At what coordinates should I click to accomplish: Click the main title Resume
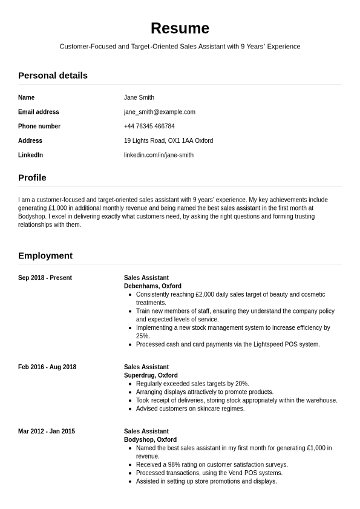tap(180, 28)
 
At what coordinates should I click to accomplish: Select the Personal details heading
tap(53, 76)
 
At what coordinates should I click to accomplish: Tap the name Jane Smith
tap(139, 97)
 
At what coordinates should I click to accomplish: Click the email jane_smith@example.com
tap(160, 112)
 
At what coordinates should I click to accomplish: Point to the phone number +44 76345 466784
tap(149, 126)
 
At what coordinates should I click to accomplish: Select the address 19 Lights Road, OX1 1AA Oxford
tap(168, 141)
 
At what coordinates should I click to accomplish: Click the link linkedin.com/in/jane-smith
tap(159, 156)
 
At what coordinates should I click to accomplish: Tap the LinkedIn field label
tap(30, 156)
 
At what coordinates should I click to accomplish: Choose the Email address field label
tap(39, 112)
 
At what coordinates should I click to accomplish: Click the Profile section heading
tap(32, 178)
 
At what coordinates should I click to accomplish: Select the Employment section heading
tap(45, 256)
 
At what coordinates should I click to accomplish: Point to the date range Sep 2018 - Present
tap(45, 278)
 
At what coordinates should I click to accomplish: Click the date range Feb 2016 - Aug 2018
tap(47, 367)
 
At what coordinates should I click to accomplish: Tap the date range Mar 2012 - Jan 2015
tap(47, 432)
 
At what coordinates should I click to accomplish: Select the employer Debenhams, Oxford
tap(152, 286)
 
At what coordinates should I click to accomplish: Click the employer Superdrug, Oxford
tap(151, 376)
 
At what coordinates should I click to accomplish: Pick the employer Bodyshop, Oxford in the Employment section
tap(150, 440)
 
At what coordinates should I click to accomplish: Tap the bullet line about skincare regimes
tap(190, 409)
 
